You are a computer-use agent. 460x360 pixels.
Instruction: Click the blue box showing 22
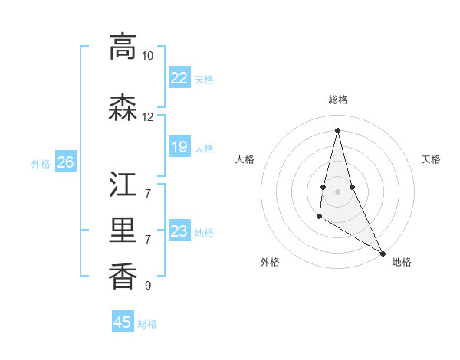tap(179, 78)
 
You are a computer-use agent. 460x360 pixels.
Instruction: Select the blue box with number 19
tap(179, 147)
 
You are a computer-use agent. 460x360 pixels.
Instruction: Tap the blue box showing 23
tap(179, 231)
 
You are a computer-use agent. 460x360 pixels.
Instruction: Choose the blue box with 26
tap(65, 162)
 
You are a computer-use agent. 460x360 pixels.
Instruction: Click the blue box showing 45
tap(123, 322)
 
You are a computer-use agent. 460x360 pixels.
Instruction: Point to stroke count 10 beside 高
tap(147, 56)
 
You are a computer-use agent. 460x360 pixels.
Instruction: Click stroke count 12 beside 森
tap(147, 117)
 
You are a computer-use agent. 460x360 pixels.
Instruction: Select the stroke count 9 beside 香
tap(147, 286)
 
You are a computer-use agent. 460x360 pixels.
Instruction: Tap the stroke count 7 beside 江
tap(147, 193)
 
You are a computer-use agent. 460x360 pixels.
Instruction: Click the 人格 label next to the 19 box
tap(204, 148)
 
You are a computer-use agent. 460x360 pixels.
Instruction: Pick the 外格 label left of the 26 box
tap(41, 163)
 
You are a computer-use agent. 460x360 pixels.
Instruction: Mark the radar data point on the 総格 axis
tap(337, 130)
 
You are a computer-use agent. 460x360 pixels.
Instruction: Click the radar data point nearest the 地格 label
tap(383, 253)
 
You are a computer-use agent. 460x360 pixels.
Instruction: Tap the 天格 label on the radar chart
tap(431, 159)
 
